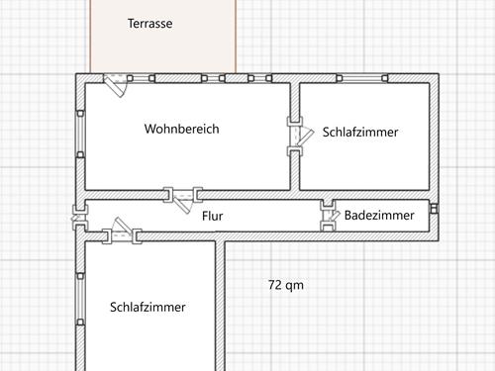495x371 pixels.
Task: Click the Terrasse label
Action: pos(150,24)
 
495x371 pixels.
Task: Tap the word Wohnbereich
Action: pos(181,129)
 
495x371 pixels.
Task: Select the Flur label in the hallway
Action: pos(212,215)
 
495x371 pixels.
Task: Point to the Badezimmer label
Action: pos(379,215)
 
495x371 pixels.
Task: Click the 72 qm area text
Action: pos(286,285)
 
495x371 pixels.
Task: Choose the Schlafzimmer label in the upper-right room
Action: pos(360,132)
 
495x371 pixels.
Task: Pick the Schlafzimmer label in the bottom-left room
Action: pos(148,307)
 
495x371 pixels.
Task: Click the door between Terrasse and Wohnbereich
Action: pos(116,85)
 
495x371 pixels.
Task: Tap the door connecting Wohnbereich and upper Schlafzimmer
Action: pos(295,137)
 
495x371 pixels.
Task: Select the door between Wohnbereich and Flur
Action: pos(182,197)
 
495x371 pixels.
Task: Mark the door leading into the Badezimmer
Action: pos(328,216)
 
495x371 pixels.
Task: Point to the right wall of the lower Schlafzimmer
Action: pos(221,307)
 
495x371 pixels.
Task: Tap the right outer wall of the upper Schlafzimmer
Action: pos(434,139)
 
